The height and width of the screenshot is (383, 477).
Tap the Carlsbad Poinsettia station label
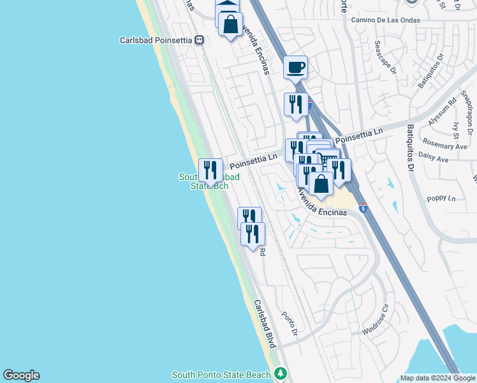[156, 40]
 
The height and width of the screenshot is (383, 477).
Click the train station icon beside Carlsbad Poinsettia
[200, 40]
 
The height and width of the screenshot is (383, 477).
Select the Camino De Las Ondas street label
[391, 20]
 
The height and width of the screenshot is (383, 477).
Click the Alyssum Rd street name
[445, 110]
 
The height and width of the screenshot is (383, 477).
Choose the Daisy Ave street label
[434, 155]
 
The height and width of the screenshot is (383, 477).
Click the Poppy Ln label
[443, 199]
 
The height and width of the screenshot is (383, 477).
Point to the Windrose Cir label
[374, 325]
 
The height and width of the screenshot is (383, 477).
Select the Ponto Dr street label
[290, 324]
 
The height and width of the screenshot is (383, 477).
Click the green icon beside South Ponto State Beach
[280, 373]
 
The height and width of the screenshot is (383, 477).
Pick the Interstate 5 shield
[363, 208]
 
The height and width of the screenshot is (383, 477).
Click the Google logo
[21, 375]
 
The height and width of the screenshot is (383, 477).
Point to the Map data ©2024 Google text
[438, 378]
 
